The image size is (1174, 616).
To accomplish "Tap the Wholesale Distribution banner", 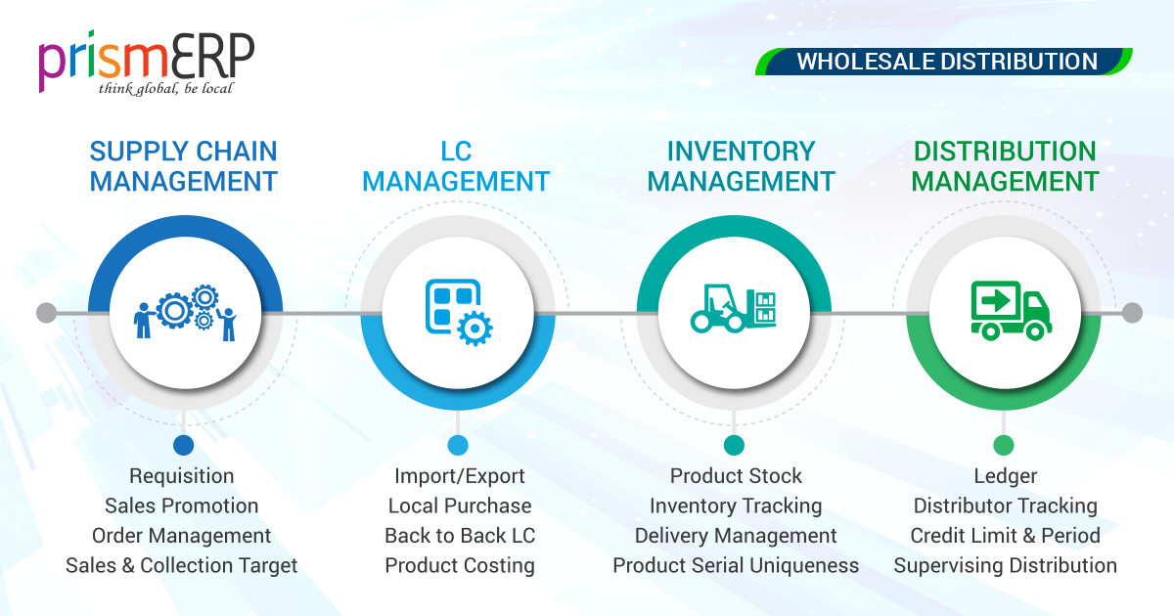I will pyautogui.click(x=946, y=62).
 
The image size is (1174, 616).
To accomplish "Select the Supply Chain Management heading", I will pyautogui.click(x=183, y=166).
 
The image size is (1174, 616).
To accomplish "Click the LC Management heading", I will pyautogui.click(x=455, y=166).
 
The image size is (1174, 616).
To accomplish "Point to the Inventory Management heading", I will pyautogui.click(x=741, y=166).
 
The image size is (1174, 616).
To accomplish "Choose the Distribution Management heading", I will pyautogui.click(x=1005, y=166).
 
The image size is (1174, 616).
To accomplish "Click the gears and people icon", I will pyautogui.click(x=186, y=313).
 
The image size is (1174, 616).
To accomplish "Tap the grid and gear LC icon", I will pyautogui.click(x=458, y=313).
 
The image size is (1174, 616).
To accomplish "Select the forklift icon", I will pyautogui.click(x=734, y=309).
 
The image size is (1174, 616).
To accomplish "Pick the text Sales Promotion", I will pyautogui.click(x=182, y=506).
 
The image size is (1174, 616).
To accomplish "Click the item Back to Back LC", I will pyautogui.click(x=460, y=536).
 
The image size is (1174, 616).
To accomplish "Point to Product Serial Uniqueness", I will pyautogui.click(x=736, y=566).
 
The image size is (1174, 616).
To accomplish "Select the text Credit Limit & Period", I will pyautogui.click(x=1005, y=536).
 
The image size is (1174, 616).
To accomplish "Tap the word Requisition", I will pyautogui.click(x=182, y=476).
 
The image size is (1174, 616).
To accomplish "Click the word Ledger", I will pyautogui.click(x=1005, y=476).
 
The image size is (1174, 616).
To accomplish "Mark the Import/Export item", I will pyautogui.click(x=460, y=476).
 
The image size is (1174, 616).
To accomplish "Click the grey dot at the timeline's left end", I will pyautogui.click(x=46, y=313).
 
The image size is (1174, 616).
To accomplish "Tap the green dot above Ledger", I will pyautogui.click(x=1004, y=446).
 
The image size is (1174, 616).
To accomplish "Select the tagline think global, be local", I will pyautogui.click(x=165, y=89).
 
